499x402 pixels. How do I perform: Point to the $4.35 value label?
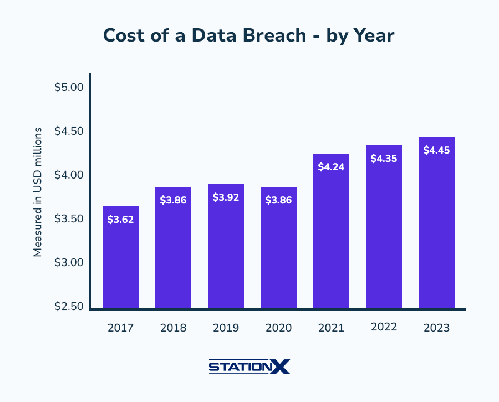click(384, 159)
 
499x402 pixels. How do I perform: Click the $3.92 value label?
click(226, 197)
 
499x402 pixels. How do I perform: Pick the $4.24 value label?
click(331, 167)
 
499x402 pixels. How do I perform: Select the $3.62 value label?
click(120, 220)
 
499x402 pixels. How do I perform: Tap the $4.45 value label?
click(436, 150)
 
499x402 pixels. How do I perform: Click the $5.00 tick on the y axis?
click(69, 88)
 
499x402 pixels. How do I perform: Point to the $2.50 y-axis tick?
click(69, 307)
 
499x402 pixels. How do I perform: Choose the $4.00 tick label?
click(69, 175)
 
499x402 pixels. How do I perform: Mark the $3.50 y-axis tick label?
click(69, 219)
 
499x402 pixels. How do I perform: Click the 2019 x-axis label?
click(226, 328)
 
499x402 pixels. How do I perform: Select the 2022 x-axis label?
click(384, 327)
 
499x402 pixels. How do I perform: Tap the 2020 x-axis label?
click(278, 328)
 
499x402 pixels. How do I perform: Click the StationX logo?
click(249, 367)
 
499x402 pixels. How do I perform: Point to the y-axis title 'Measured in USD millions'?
click(38, 192)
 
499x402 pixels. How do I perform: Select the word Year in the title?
click(374, 35)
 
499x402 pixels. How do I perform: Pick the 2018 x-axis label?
click(173, 328)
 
